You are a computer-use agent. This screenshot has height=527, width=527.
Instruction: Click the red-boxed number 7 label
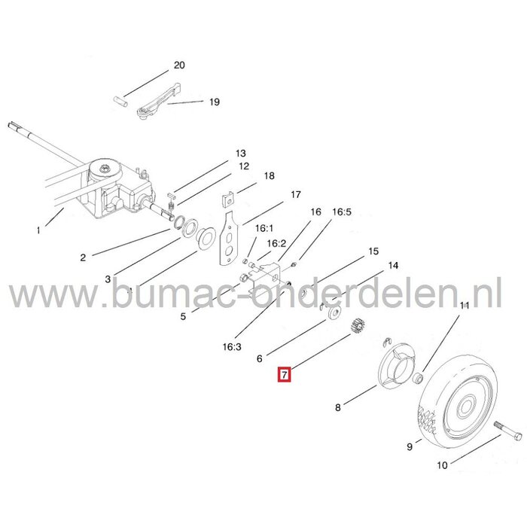[283, 373]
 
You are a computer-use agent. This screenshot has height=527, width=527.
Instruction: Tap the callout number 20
[179, 65]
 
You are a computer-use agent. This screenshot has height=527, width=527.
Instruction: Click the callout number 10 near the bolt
[441, 465]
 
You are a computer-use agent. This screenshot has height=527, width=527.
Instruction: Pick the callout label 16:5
[342, 213]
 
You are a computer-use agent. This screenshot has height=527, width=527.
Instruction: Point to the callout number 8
[337, 408]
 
